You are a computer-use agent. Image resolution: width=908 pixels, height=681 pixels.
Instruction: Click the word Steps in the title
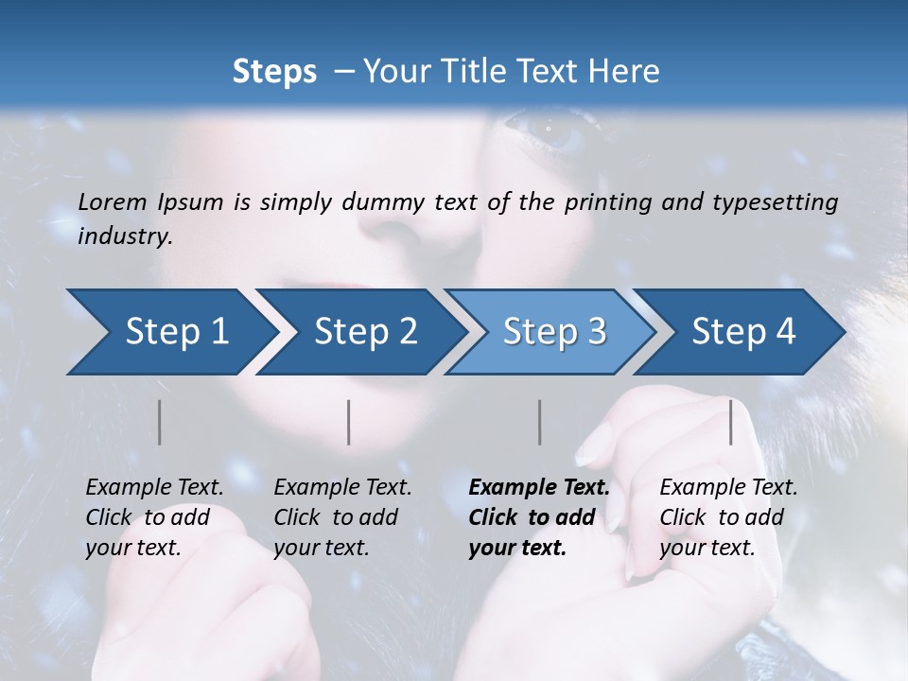(274, 72)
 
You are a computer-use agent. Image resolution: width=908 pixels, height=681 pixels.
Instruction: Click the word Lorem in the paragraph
(112, 202)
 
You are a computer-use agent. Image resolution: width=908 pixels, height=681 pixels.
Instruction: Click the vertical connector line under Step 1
(160, 422)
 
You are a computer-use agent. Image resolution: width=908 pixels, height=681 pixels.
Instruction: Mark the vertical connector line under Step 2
(349, 422)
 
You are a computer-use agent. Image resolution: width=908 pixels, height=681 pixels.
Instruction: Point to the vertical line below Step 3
(540, 422)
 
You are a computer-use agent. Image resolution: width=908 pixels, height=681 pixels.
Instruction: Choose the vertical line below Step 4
(731, 422)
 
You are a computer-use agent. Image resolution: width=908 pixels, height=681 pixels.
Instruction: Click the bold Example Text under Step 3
(539, 488)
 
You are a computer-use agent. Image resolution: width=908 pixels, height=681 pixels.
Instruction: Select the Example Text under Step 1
(154, 488)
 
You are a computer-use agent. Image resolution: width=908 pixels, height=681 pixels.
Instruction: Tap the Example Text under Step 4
(728, 488)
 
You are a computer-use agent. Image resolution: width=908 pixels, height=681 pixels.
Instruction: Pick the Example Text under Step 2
(342, 488)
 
